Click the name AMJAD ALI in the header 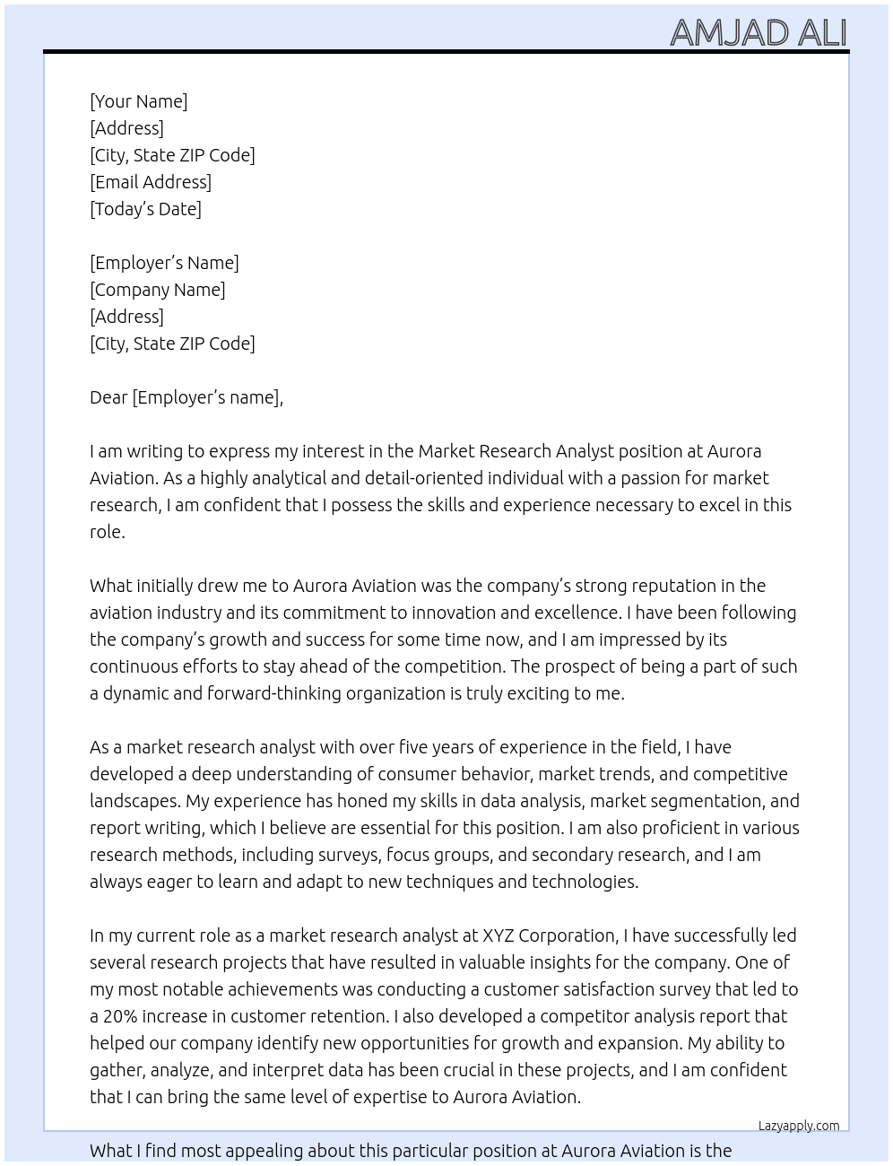[758, 32]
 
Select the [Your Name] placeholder [138, 101]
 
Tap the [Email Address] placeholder [151, 182]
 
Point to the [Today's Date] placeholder [145, 209]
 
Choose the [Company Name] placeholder [157, 290]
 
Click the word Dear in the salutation [108, 397]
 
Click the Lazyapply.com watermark [798, 1126]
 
